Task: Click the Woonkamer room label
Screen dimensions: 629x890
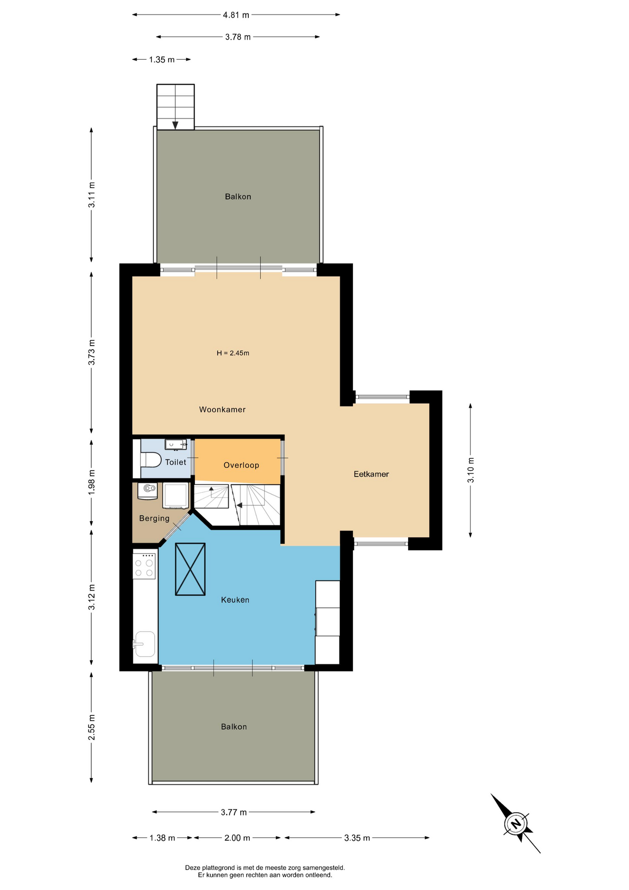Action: click(222, 409)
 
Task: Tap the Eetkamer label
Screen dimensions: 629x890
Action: click(371, 474)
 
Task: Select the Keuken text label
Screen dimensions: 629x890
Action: click(235, 599)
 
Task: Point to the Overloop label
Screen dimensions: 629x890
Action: click(241, 465)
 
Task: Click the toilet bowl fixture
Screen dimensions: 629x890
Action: click(151, 460)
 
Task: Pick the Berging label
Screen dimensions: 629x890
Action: click(154, 518)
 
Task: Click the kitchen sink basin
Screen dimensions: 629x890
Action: click(145, 644)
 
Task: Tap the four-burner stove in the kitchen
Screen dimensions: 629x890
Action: click(144, 566)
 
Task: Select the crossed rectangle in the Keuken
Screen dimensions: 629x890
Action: click(190, 569)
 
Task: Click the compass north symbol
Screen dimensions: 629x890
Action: click(516, 824)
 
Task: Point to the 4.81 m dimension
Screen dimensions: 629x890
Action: click(236, 15)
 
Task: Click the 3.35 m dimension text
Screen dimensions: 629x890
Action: click(357, 838)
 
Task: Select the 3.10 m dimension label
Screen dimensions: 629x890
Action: click(471, 470)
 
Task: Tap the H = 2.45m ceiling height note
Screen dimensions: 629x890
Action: click(233, 353)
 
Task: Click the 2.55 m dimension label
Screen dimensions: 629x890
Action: click(92, 727)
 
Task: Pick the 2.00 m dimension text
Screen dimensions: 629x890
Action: click(237, 838)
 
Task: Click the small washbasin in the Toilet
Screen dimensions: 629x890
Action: click(176, 445)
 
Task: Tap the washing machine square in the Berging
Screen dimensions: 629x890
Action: click(176, 496)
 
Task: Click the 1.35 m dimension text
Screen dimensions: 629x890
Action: click(162, 59)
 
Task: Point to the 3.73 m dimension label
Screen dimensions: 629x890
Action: click(92, 352)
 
